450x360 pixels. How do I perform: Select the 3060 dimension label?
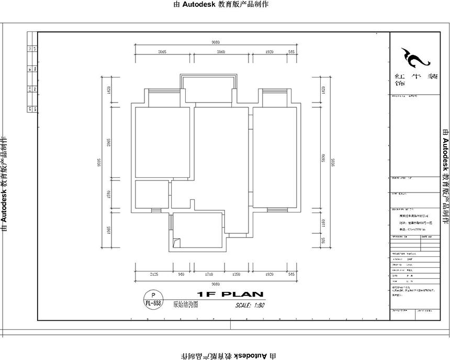(x=221, y=52)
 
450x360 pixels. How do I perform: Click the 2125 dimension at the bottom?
(x=153, y=274)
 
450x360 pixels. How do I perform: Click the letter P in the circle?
(x=153, y=296)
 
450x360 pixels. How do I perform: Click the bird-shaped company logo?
(x=413, y=58)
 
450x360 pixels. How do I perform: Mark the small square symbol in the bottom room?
(x=177, y=242)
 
